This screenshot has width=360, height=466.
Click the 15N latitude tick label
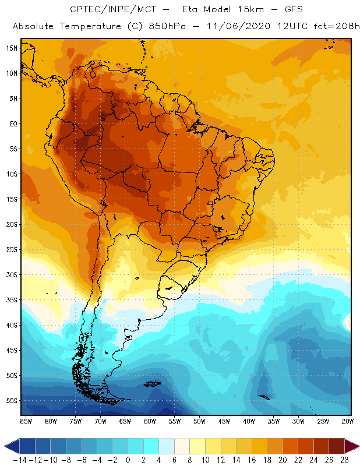tap(12, 48)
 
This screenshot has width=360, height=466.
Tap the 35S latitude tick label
tap(12, 300)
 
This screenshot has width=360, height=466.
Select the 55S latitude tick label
tap(12, 401)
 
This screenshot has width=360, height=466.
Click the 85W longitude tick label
tap(26, 421)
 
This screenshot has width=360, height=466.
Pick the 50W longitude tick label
tap(200, 421)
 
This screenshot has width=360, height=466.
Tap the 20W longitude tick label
tap(347, 421)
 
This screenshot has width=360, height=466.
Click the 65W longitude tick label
tap(125, 421)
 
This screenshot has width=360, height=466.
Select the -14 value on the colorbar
tap(20, 460)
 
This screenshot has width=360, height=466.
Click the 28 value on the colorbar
tap(345, 460)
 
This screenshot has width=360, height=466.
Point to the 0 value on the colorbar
tap(128, 460)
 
